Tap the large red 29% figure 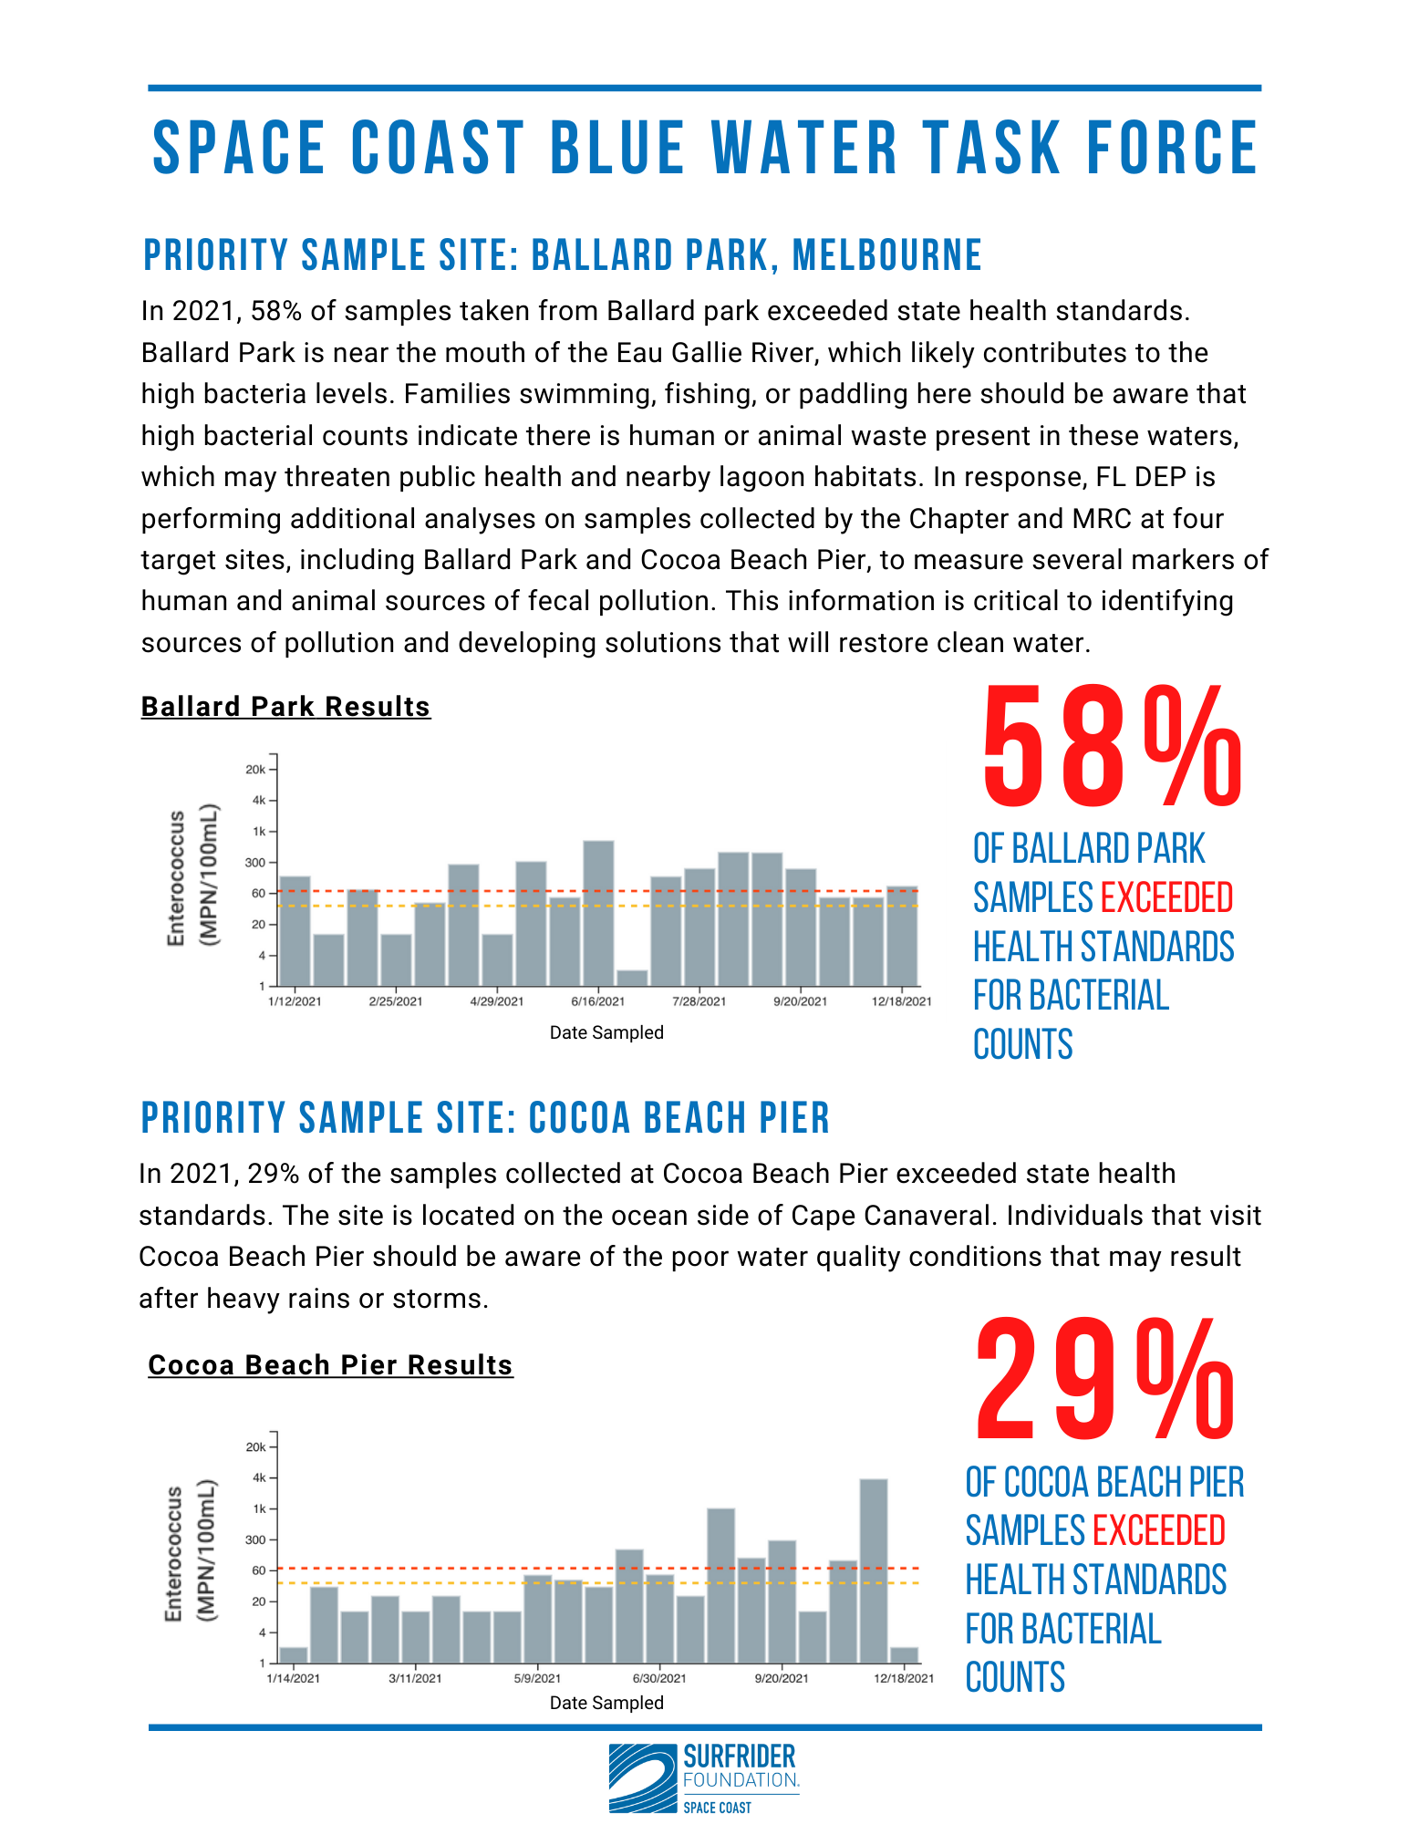tap(1105, 1379)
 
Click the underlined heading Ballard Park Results tap(285, 707)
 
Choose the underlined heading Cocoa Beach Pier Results tap(330, 1365)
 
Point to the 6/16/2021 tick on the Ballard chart tap(598, 1000)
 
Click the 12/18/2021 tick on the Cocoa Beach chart tap(904, 1678)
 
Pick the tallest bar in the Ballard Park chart tap(598, 913)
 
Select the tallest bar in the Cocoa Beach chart tap(874, 1571)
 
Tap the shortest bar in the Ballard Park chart tap(632, 978)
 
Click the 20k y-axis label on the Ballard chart tap(255, 769)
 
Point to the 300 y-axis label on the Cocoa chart tap(256, 1539)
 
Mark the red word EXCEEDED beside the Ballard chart tap(1166, 897)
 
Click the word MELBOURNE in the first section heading tap(886, 255)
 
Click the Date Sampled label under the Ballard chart tap(606, 1032)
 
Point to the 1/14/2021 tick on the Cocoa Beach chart tap(293, 1678)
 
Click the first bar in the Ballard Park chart tap(295, 931)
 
